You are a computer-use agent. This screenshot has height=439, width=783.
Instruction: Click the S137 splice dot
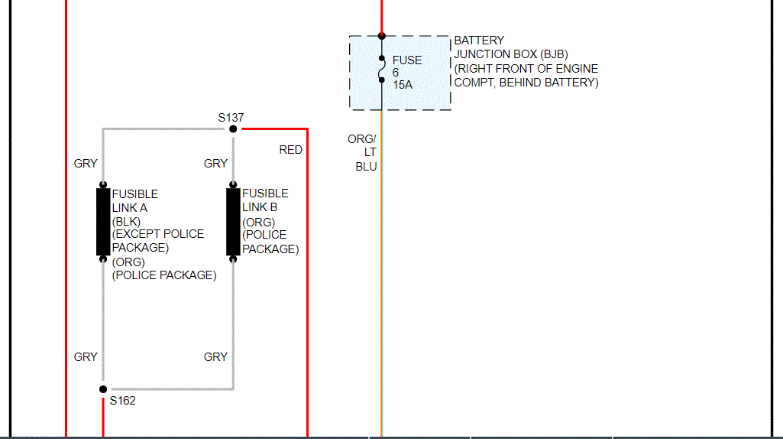pos(233,128)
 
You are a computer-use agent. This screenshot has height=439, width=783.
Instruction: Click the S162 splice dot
pos(103,389)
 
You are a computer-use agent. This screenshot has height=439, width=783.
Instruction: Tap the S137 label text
pos(231,117)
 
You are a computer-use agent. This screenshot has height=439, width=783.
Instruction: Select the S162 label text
pos(122,401)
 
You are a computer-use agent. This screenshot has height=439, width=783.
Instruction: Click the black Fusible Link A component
pos(103,222)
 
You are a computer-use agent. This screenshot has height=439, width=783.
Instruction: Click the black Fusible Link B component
pos(233,221)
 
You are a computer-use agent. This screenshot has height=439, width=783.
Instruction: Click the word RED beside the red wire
pos(290,150)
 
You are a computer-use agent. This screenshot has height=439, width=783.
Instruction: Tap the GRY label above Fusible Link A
pos(86,163)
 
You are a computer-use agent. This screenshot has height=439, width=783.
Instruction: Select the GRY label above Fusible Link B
pos(215,163)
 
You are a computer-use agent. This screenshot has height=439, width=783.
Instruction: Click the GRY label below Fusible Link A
pos(86,356)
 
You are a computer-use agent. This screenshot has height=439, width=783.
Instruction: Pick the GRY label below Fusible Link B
pos(215,356)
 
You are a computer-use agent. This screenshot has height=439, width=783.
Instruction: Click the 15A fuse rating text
pos(403,85)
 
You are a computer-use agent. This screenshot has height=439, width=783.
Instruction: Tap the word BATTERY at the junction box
pos(479,40)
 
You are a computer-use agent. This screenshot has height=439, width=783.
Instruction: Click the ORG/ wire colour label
pos(362,138)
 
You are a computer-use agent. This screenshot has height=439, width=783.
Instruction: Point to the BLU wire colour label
pos(366,167)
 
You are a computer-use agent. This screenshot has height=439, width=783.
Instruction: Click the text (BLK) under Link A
pos(126,221)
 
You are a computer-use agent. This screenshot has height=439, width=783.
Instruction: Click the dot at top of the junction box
pos(381,36)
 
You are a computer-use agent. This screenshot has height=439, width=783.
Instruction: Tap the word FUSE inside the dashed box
pos(407,60)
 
